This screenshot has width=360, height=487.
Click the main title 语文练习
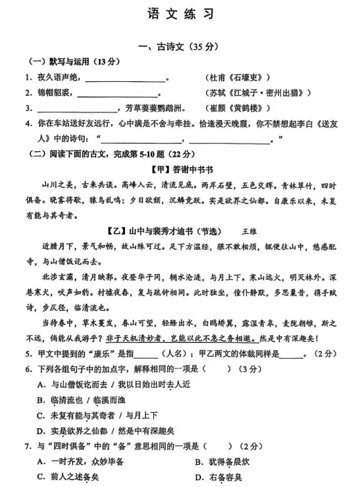[180, 13]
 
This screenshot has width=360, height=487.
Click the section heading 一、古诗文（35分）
[179, 46]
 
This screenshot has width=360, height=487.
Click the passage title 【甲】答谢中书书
[179, 169]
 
